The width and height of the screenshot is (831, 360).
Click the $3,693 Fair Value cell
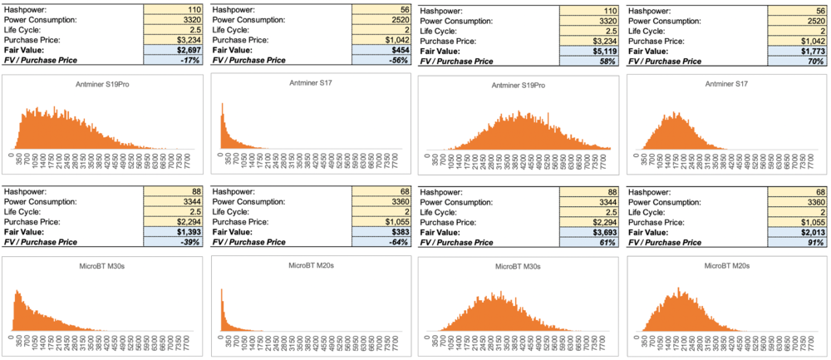(x=588, y=232)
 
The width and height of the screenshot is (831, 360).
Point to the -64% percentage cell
(x=381, y=242)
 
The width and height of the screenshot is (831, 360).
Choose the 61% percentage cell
(x=588, y=243)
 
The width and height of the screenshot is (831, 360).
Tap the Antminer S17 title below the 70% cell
(x=727, y=85)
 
